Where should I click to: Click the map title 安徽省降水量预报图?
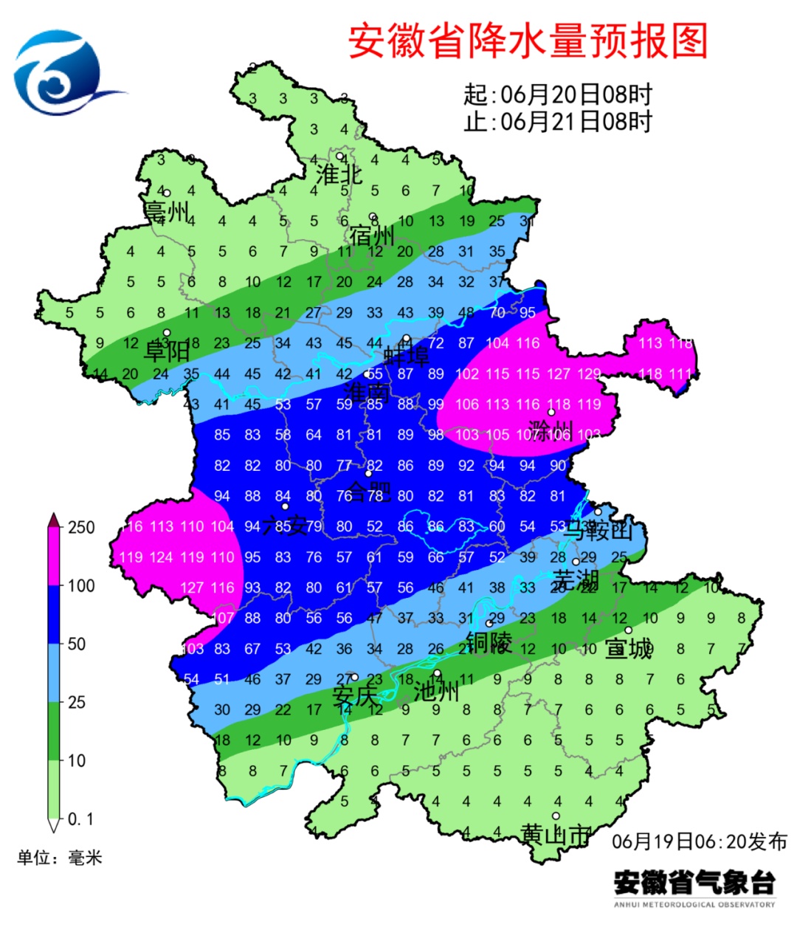[528, 41]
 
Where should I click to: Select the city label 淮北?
[339, 175]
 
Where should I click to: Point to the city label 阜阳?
[167, 350]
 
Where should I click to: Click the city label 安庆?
[354, 695]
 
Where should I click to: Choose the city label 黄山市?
[555, 835]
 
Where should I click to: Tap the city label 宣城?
[629, 648]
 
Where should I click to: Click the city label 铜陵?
[489, 642]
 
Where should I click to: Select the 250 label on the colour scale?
[81, 527]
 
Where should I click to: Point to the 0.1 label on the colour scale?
[80, 819]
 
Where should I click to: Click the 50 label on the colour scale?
[77, 644]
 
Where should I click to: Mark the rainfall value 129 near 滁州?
[589, 373]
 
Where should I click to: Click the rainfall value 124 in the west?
[162, 557]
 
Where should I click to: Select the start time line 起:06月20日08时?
[558, 94]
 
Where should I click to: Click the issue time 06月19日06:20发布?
[700, 841]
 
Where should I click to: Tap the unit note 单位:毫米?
[60, 858]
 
